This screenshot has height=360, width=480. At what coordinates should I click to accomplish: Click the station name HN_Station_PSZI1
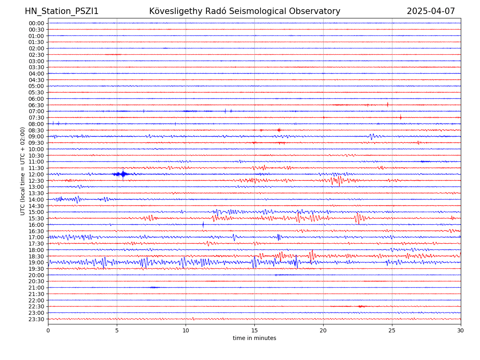(62, 11)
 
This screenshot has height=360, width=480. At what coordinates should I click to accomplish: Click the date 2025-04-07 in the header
(431, 11)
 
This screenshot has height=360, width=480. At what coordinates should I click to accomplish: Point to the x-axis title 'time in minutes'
(254, 338)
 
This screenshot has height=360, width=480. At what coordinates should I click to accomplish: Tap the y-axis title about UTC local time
(23, 171)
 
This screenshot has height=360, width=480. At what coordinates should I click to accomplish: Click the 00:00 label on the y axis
(36, 23)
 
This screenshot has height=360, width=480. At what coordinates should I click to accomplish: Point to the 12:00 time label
(36, 174)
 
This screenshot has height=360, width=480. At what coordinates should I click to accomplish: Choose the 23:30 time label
(36, 319)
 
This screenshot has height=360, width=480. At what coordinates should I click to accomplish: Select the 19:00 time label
(36, 262)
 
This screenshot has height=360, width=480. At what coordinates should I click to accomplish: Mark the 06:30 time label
(36, 105)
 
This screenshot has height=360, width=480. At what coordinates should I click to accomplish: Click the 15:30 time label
(36, 218)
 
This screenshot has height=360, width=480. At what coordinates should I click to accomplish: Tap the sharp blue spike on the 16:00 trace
(203, 224)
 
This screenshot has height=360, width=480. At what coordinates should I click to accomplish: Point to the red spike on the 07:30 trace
(400, 117)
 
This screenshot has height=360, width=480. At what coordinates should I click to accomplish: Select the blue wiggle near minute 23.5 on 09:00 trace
(371, 136)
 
